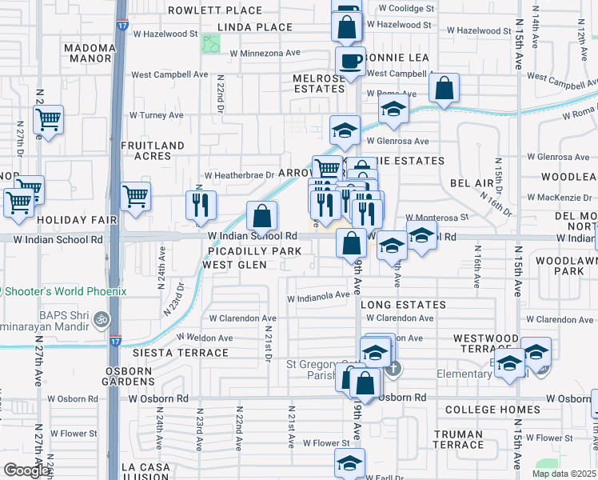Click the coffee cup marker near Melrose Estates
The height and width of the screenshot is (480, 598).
click(349, 61)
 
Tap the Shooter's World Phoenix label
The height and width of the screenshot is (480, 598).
click(64, 291)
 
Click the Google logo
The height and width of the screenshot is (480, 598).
click(26, 470)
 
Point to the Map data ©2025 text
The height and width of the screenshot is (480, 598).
click(564, 474)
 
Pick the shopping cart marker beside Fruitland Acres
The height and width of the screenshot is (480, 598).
click(135, 195)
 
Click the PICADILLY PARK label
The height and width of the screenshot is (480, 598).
click(252, 251)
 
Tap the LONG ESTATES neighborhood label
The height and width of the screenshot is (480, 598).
click(403, 305)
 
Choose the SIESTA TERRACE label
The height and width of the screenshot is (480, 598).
click(169, 353)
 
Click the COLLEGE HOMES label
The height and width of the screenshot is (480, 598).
click(481, 410)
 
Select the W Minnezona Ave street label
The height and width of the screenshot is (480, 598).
click(265, 53)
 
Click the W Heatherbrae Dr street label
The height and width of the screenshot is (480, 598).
click(239, 174)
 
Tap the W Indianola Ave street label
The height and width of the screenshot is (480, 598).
click(319, 294)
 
